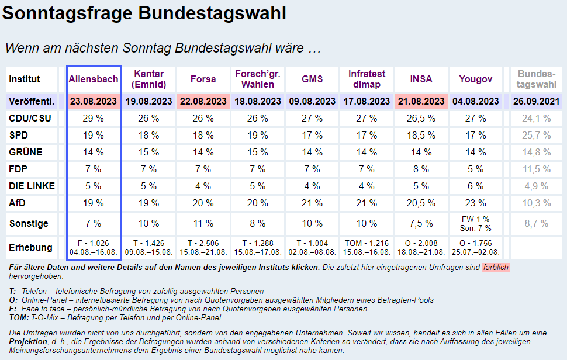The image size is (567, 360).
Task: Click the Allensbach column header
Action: [x=94, y=79]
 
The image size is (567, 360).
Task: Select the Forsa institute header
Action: [x=203, y=79]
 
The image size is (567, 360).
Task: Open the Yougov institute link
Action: [x=475, y=79]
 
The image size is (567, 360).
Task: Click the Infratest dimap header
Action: [x=367, y=79]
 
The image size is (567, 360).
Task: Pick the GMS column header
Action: [x=312, y=79]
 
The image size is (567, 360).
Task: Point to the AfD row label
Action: [x=18, y=203]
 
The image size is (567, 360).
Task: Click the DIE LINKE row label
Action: [x=32, y=186]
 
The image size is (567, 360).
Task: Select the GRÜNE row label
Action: [x=26, y=153]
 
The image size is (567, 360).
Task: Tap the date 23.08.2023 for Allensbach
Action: [x=94, y=102]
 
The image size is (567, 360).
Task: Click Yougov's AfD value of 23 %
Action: [x=475, y=203]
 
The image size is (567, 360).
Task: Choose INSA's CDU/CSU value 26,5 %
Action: [x=421, y=119]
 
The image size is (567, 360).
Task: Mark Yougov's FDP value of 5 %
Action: [x=475, y=169]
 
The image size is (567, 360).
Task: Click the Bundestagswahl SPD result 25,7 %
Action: [x=536, y=136]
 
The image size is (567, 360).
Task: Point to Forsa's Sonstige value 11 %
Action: [x=203, y=223]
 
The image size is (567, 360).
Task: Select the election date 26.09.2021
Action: [x=536, y=102]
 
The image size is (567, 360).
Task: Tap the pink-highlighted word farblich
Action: [x=496, y=268]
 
